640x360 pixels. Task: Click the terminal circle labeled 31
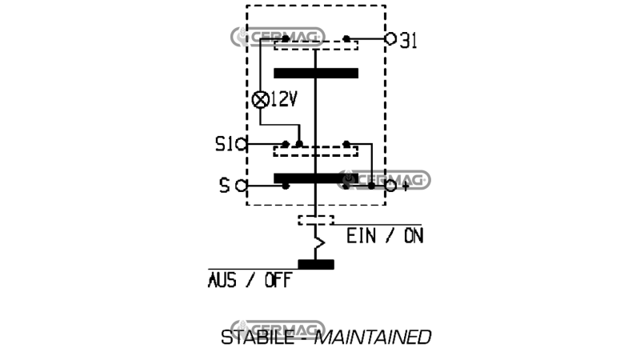tap(390, 38)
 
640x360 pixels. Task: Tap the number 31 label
tap(408, 41)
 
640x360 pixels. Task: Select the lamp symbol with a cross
tap(261, 99)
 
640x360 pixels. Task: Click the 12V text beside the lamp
tap(284, 99)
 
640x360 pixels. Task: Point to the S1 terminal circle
tap(242, 144)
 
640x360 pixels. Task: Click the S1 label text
tap(224, 144)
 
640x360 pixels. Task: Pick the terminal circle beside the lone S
tap(242, 186)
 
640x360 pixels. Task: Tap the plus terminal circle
tap(390, 186)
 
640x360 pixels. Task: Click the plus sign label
tap(405, 186)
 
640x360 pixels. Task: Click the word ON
tap(414, 236)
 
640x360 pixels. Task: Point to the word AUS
tap(222, 281)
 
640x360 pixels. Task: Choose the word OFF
tap(278, 281)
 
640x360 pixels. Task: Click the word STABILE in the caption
tap(257, 338)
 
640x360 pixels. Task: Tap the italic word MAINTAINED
tap(373, 338)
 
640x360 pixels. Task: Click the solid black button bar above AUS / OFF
tap(316, 265)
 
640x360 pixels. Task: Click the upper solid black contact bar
tap(316, 73)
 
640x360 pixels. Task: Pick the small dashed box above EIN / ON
tap(316, 221)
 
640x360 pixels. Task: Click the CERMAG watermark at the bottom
tap(278, 329)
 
